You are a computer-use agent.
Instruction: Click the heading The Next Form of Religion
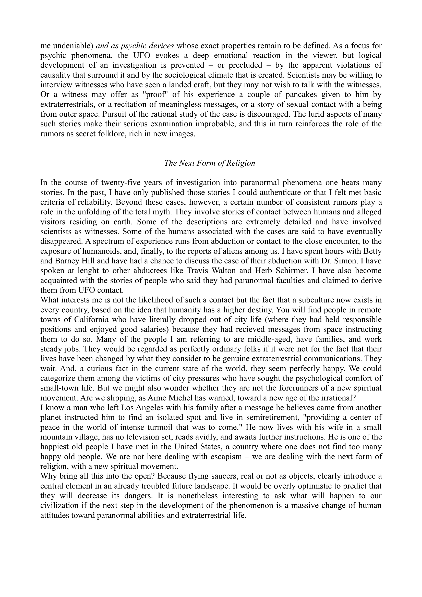tap(210, 163)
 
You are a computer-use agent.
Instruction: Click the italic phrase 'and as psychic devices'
tap(135, 46)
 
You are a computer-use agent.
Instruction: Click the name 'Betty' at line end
tap(372, 251)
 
